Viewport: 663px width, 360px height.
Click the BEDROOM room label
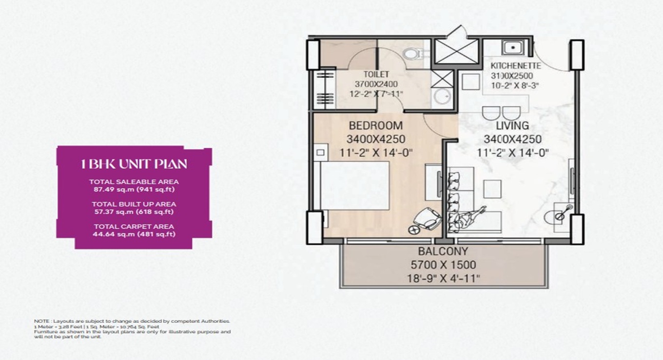point(375,125)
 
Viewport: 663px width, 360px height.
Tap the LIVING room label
point(512,126)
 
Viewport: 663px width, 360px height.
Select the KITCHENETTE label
point(515,65)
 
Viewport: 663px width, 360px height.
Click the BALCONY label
point(443,252)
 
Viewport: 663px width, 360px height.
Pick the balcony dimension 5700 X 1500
point(443,265)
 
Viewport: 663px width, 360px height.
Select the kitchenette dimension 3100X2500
point(511,76)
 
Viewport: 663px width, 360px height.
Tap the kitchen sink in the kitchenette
point(513,48)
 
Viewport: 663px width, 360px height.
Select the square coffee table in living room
point(492,189)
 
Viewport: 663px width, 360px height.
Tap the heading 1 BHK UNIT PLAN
point(134,163)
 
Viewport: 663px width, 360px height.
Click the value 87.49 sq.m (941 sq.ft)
point(134,190)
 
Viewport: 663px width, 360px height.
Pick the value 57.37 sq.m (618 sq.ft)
point(134,212)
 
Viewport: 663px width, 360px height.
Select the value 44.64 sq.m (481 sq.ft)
point(134,234)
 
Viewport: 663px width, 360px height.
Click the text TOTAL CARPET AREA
point(134,226)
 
